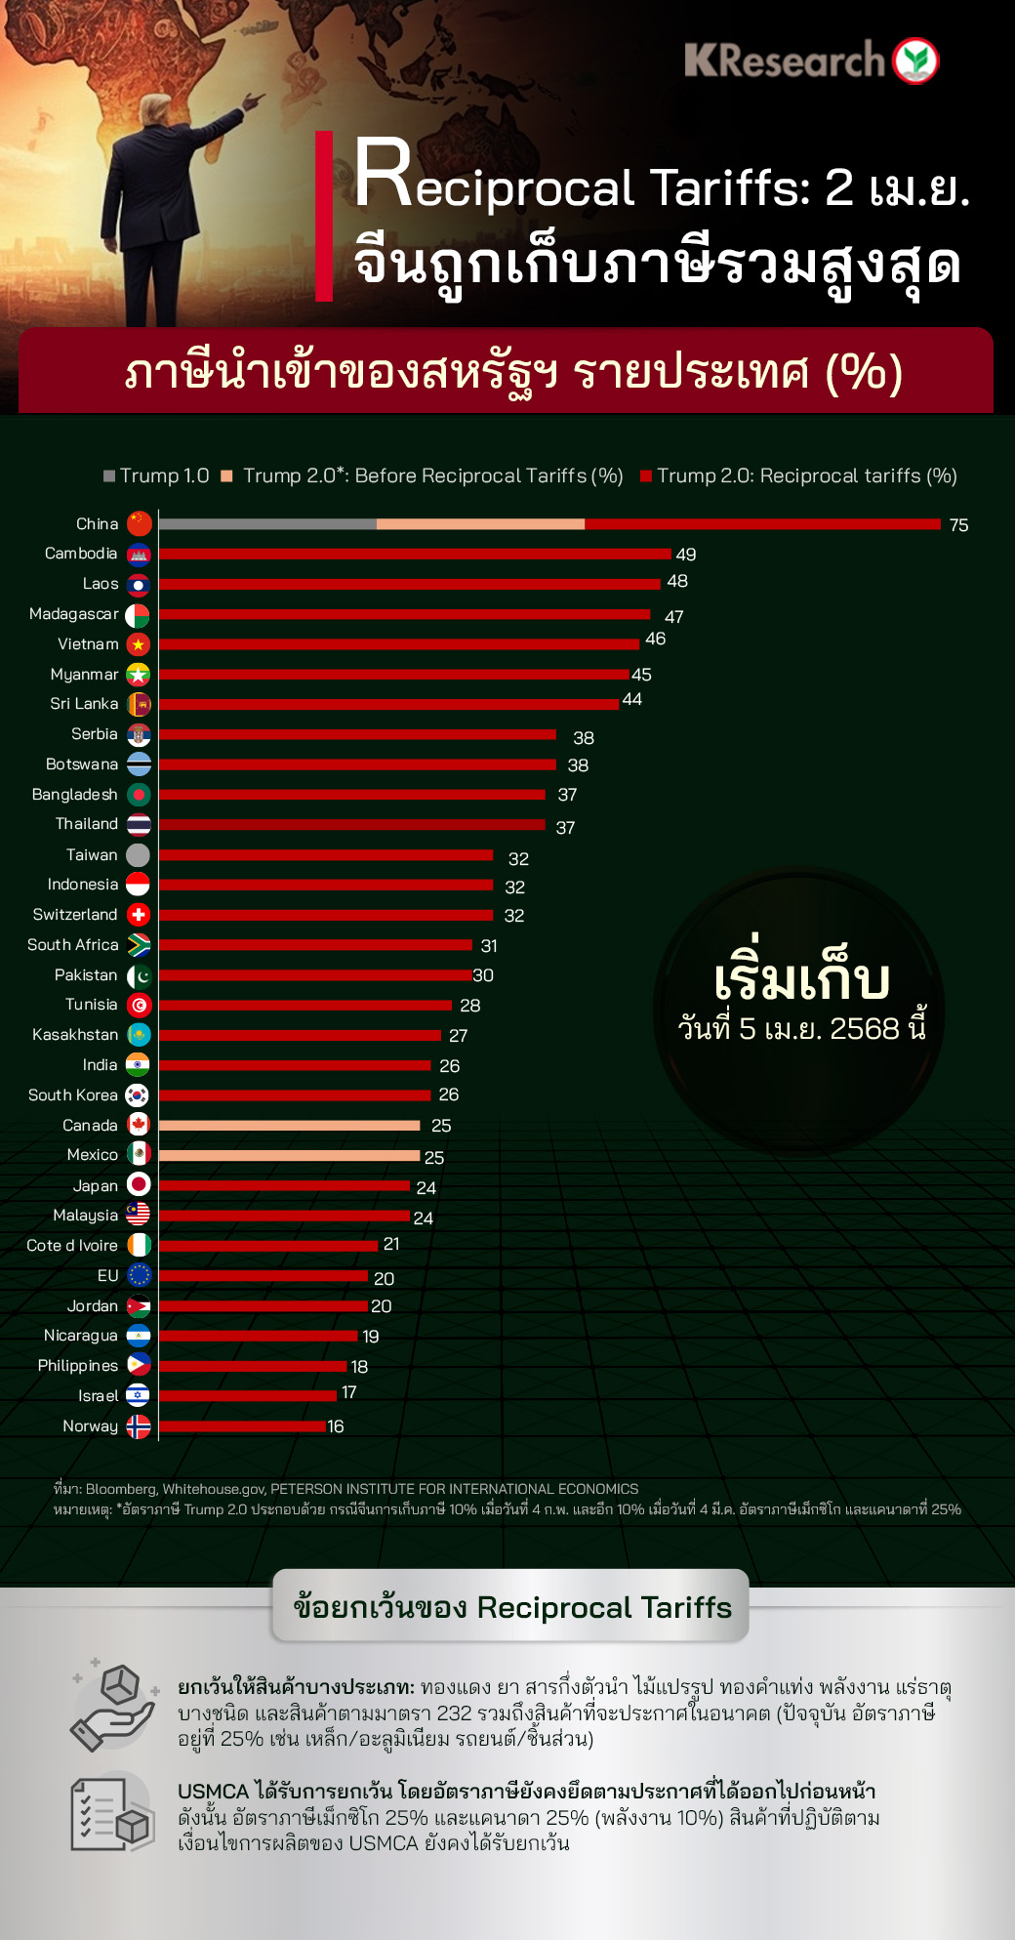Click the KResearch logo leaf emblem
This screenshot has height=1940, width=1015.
(x=915, y=61)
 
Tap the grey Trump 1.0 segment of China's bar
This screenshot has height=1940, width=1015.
(x=267, y=524)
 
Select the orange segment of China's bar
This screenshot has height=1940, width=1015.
(x=480, y=524)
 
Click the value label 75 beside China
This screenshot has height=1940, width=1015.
(x=958, y=525)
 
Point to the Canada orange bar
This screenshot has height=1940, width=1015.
(x=289, y=1126)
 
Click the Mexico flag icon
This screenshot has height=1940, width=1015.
(x=139, y=1155)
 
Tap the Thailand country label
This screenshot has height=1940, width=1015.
(x=87, y=824)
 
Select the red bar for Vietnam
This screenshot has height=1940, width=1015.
(x=398, y=644)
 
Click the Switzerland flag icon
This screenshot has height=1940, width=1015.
(x=139, y=915)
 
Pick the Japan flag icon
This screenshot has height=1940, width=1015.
(x=139, y=1185)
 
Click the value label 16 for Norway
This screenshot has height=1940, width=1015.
(x=336, y=1426)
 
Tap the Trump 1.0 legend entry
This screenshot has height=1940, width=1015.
(x=157, y=475)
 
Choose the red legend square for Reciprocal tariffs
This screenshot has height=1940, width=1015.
(x=645, y=476)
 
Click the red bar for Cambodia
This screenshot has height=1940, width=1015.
(x=415, y=555)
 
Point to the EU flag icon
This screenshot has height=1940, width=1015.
(x=139, y=1275)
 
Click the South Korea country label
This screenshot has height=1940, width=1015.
(x=73, y=1095)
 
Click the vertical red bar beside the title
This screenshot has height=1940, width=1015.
(x=324, y=216)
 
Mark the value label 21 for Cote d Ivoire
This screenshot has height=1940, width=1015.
(x=391, y=1244)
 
